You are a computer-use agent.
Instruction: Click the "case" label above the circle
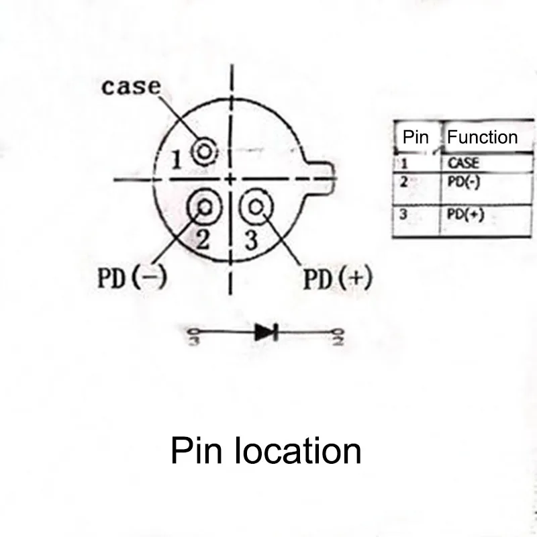132,87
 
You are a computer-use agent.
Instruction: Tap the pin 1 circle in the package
204,152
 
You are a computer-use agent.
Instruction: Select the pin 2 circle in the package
204,206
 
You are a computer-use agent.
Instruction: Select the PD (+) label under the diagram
337,279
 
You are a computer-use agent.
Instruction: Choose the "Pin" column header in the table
416,138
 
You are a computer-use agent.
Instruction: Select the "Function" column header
482,138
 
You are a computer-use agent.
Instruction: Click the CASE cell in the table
463,162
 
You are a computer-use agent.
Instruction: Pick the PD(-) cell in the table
463,182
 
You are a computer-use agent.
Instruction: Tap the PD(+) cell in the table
465,214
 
